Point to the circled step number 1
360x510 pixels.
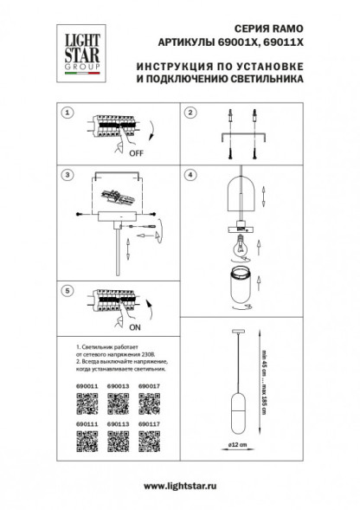coord(66,113)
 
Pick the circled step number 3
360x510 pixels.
coord(66,175)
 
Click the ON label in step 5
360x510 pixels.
coord(135,328)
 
